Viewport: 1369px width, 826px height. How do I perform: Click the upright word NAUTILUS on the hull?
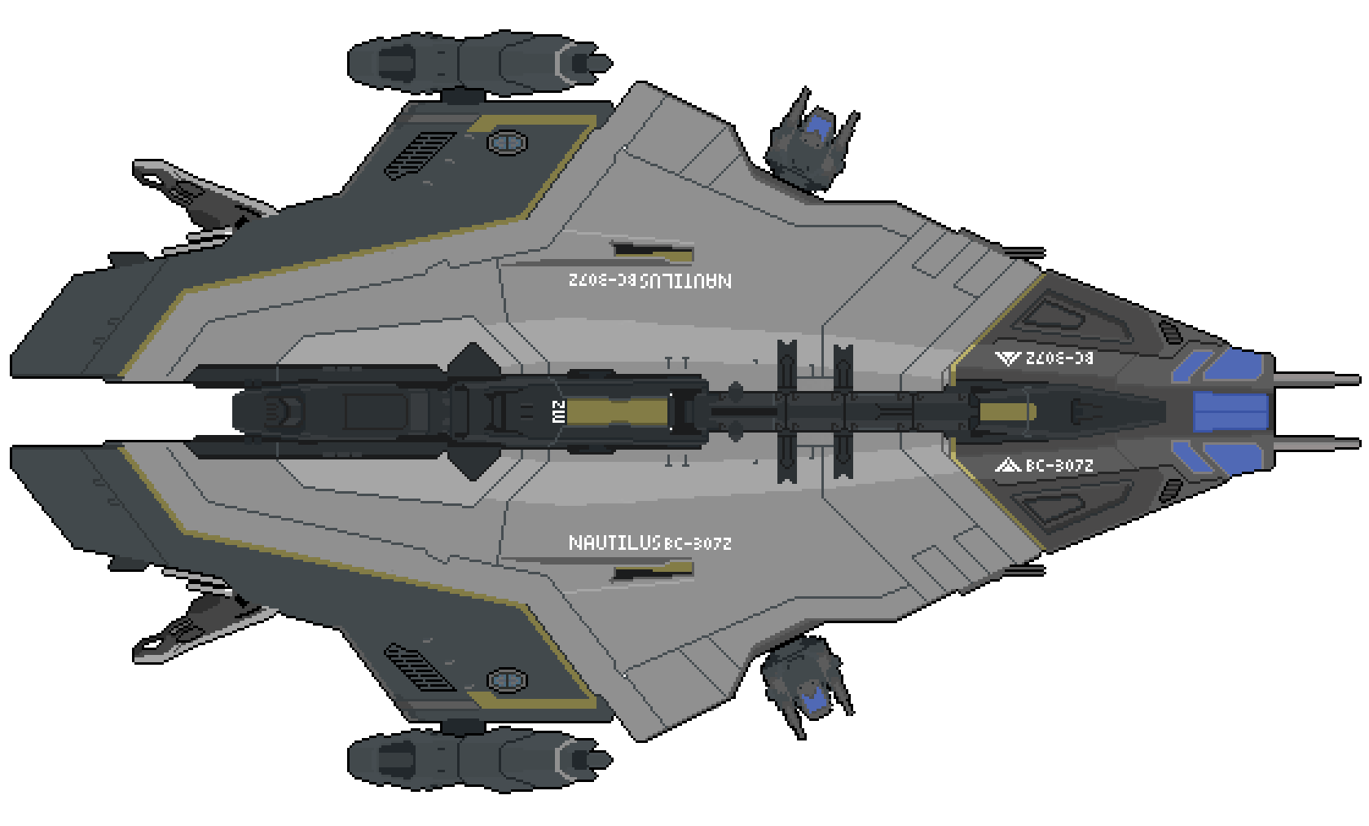pyautogui.click(x=614, y=543)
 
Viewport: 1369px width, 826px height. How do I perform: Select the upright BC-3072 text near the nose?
pyautogui.click(x=1059, y=465)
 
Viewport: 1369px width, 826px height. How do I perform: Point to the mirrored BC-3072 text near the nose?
pyautogui.click(x=1059, y=358)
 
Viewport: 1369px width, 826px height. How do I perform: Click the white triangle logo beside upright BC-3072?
pyautogui.click(x=1008, y=465)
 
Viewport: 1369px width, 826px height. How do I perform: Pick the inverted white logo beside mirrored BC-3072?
pyautogui.click(x=1008, y=358)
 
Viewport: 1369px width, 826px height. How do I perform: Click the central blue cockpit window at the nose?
pyautogui.click(x=1230, y=411)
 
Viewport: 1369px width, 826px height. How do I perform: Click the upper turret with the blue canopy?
pyautogui.click(x=811, y=143)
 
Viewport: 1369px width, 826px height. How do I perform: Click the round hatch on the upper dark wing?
pyautogui.click(x=507, y=143)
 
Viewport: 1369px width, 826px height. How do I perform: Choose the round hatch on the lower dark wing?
pyautogui.click(x=507, y=679)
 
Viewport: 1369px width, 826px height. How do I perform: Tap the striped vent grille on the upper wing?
pyautogui.click(x=419, y=155)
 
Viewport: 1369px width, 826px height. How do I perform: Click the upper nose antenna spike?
pyautogui.click(x=1312, y=379)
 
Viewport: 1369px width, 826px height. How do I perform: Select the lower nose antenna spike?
pyautogui.click(x=1312, y=444)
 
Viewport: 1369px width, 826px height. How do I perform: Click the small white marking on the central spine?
pyautogui.click(x=558, y=411)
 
